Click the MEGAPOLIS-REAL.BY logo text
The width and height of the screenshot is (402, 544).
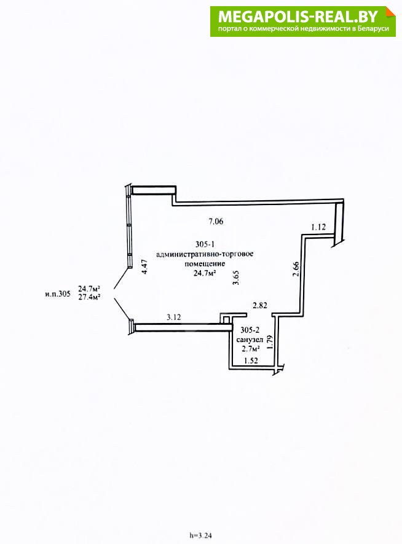click(298, 17)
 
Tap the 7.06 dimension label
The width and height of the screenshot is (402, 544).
click(216, 222)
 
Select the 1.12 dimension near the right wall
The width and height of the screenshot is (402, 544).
click(318, 227)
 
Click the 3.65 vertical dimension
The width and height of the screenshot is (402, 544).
click(236, 278)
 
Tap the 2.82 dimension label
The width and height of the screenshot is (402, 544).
click(260, 305)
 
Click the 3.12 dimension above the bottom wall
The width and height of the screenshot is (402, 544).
click(174, 317)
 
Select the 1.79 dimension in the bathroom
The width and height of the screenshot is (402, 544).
click(271, 342)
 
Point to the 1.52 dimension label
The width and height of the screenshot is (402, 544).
click(251, 360)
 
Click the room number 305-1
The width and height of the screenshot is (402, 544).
click(205, 244)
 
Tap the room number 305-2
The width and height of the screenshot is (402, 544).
click(250, 330)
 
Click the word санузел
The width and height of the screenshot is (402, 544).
click(250, 340)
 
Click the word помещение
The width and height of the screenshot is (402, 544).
click(205, 263)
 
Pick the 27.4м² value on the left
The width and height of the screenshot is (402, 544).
click(89, 297)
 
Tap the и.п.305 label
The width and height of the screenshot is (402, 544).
click(58, 294)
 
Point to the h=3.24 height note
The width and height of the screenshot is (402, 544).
click(200, 535)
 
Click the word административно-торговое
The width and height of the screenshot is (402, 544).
click(205, 254)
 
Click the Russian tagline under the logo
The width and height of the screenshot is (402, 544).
click(303, 29)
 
